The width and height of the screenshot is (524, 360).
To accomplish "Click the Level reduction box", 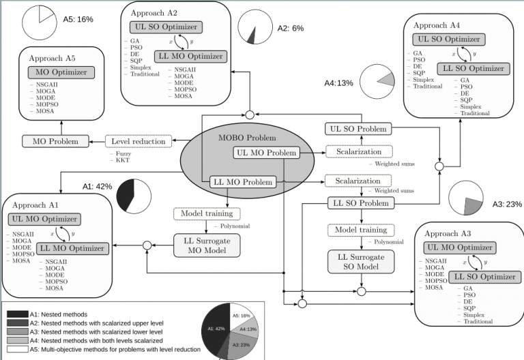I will [x=138, y=142].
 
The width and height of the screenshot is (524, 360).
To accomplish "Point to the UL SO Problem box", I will [x=359, y=130].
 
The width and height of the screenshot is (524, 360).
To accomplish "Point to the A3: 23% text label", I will [x=507, y=203].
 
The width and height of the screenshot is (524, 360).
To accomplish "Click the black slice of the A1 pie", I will [x=125, y=196].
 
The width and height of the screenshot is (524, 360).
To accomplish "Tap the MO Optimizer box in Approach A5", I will [x=61, y=72].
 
